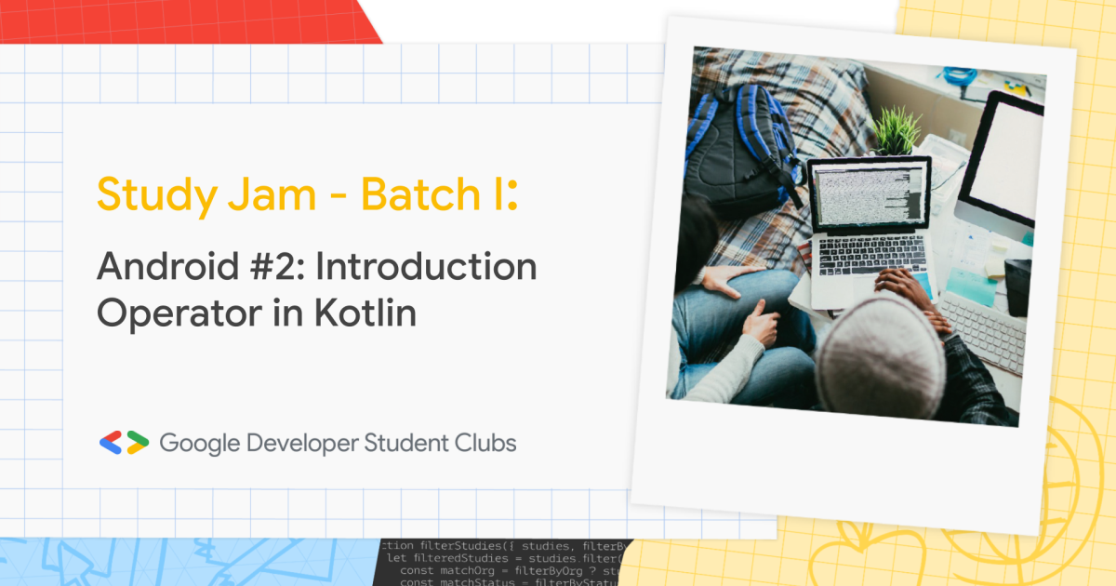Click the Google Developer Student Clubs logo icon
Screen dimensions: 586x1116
tap(124, 443)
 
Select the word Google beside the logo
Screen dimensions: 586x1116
tap(200, 443)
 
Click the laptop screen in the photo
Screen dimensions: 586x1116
tap(869, 194)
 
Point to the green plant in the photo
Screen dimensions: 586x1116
tap(896, 131)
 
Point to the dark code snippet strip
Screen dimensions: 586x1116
tap(502, 562)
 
